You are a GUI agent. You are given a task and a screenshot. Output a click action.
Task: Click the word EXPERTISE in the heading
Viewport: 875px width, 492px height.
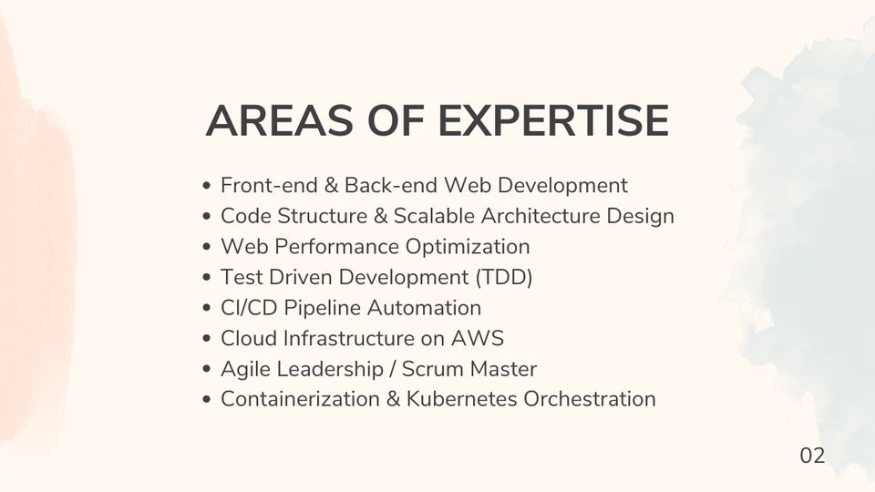click(x=554, y=122)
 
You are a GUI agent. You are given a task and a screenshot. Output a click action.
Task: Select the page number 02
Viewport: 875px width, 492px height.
click(x=812, y=456)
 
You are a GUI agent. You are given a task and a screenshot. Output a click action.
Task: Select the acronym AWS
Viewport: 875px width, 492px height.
click(x=478, y=338)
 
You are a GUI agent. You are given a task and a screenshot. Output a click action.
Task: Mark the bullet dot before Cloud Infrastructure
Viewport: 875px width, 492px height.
click(x=208, y=339)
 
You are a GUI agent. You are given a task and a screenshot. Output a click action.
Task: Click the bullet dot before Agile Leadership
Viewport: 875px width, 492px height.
click(x=208, y=370)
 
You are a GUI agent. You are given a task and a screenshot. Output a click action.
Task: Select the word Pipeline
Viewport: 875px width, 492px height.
click(x=318, y=308)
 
